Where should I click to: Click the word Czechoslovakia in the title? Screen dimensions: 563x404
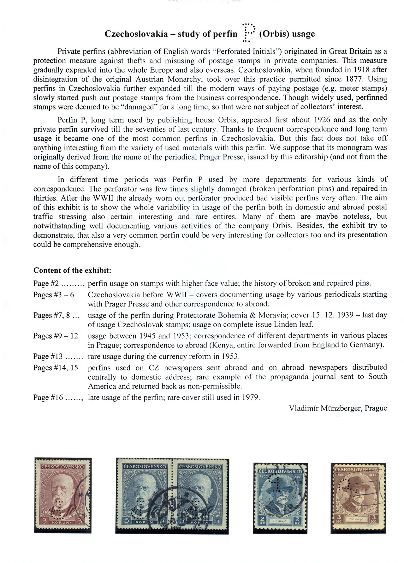[136, 34]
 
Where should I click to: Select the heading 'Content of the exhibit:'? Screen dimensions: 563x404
[72, 270]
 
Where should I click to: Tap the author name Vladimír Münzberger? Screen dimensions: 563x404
[338, 408]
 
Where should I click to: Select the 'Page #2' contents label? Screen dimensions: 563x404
[46, 283]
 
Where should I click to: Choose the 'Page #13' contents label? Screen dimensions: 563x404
[48, 357]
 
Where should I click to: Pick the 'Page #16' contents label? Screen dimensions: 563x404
[48, 398]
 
